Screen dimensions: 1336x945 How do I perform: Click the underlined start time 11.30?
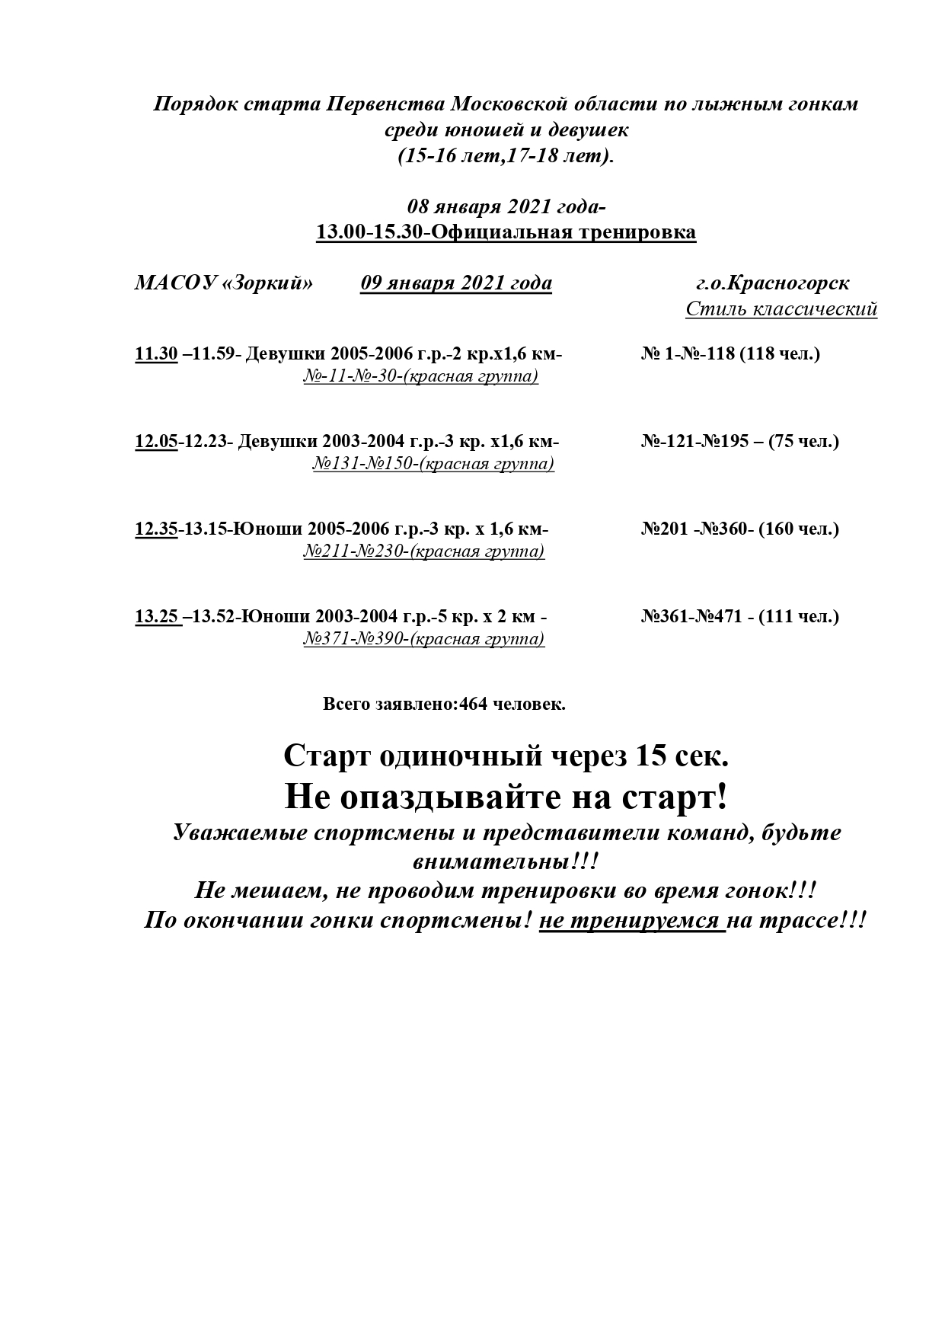(156, 354)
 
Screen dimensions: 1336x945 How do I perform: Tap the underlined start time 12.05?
(156, 442)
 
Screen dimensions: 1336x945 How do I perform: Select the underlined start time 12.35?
(156, 529)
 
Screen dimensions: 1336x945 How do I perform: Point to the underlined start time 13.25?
(157, 616)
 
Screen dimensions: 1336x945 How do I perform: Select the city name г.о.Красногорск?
(772, 283)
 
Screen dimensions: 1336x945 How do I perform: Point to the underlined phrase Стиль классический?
(781, 309)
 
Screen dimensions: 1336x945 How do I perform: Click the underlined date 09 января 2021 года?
(456, 283)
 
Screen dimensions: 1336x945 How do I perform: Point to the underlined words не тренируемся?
(632, 920)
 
